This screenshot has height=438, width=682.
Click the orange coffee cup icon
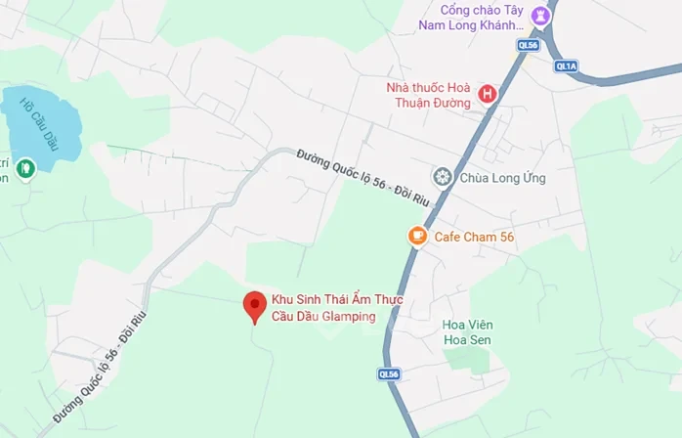pyautogui.click(x=417, y=236)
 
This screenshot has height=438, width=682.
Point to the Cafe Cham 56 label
pyautogui.click(x=474, y=237)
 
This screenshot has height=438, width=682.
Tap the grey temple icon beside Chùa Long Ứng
pyautogui.click(x=442, y=177)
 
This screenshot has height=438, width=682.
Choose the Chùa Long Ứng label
pyautogui.click(x=503, y=178)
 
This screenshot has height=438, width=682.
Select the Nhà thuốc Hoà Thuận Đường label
pyautogui.click(x=429, y=94)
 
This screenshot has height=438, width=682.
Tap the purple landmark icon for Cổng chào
pyautogui.click(x=538, y=17)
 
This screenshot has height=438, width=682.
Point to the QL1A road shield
pyautogui.click(x=566, y=66)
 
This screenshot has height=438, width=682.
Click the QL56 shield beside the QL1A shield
pyautogui.click(x=528, y=45)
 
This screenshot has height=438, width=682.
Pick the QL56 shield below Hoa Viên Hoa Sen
pyautogui.click(x=389, y=373)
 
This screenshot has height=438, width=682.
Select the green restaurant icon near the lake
pyautogui.click(x=26, y=169)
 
